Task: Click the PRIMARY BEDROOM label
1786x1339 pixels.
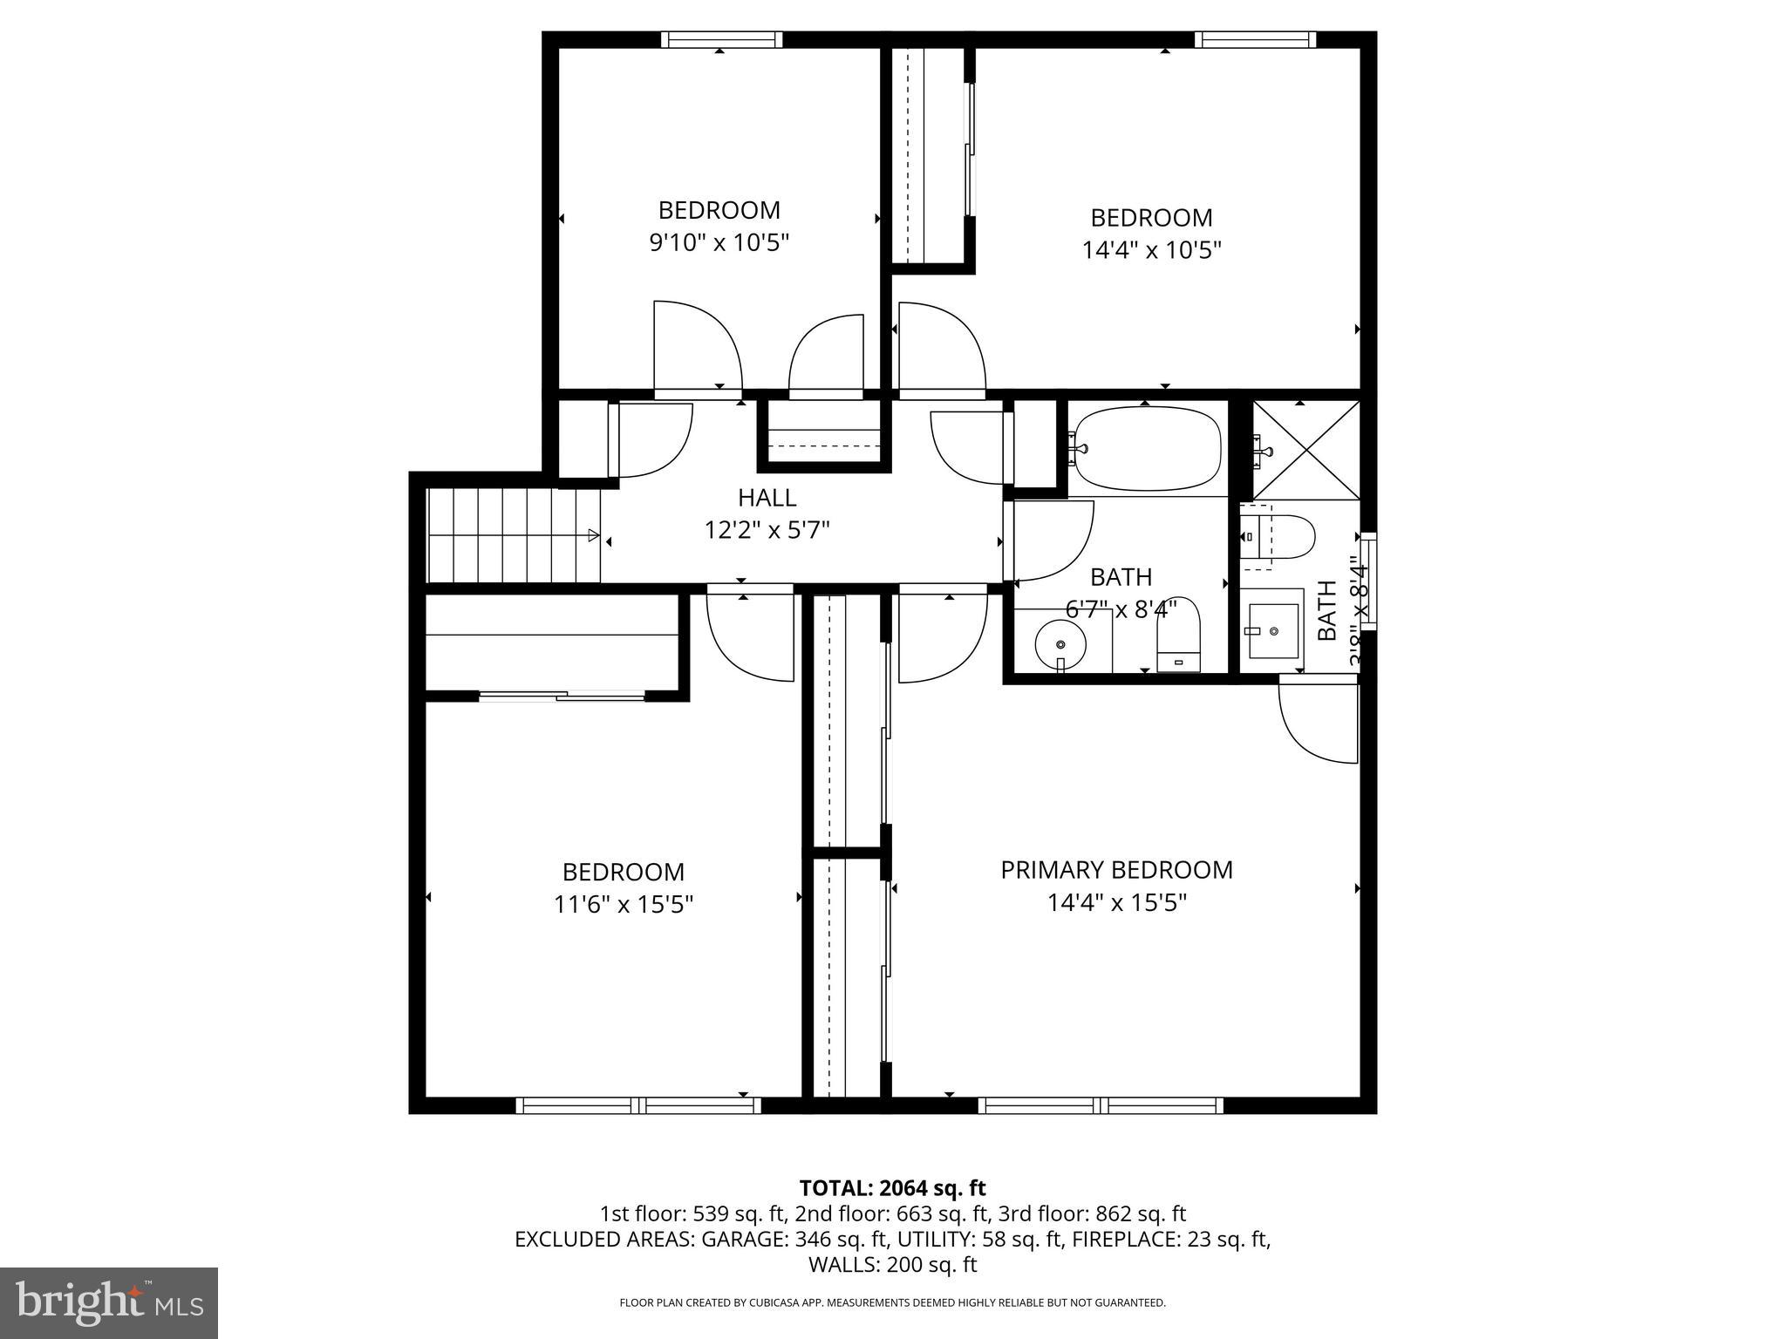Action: pyautogui.click(x=1116, y=870)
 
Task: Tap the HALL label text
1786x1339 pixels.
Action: pyautogui.click(x=767, y=498)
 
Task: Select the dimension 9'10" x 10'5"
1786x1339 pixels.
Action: pyautogui.click(x=719, y=242)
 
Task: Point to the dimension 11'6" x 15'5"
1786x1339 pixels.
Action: pyautogui.click(x=623, y=905)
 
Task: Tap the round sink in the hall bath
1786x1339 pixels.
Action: pyautogui.click(x=1060, y=645)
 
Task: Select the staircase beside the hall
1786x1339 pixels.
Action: pyautogui.click(x=513, y=535)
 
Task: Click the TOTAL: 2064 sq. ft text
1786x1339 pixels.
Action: pyautogui.click(x=892, y=1188)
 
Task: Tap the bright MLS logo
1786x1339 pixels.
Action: pyautogui.click(x=108, y=1302)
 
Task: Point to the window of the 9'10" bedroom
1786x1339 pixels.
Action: pyautogui.click(x=721, y=39)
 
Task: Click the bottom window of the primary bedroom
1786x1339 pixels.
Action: pyautogui.click(x=1100, y=1105)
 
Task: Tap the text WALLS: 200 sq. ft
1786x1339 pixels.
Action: pyautogui.click(x=892, y=1265)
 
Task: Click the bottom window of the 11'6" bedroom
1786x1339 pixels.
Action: pyautogui.click(x=638, y=1105)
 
